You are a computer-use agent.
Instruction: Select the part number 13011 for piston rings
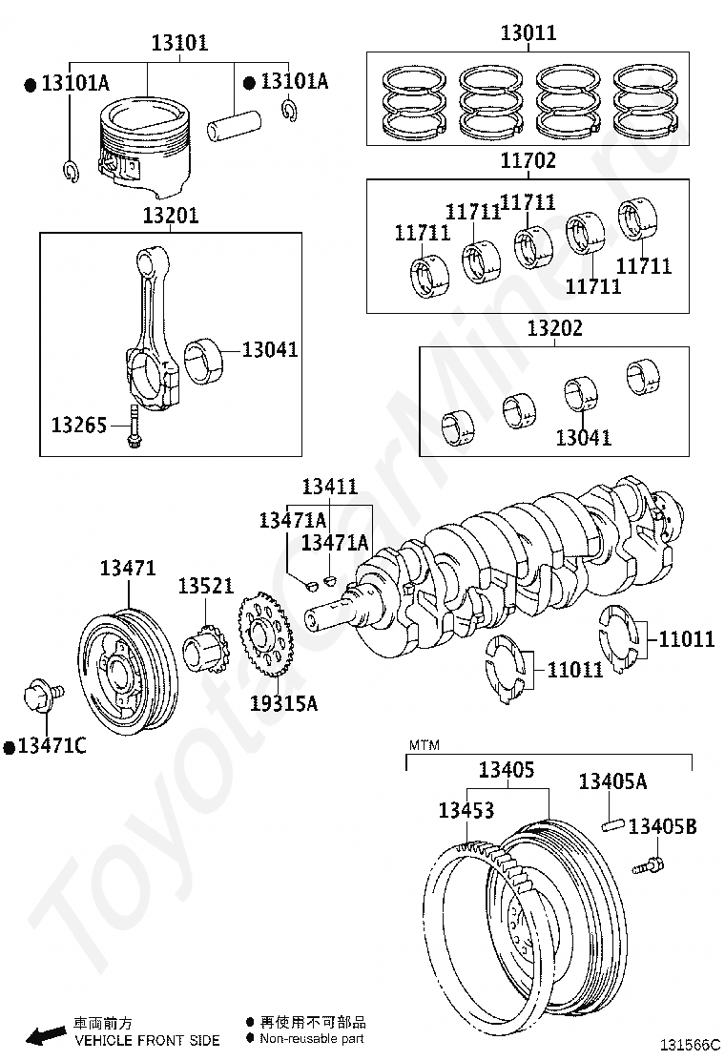click(x=528, y=33)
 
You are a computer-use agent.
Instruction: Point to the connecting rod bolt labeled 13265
click(x=133, y=426)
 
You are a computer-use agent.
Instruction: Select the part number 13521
click(x=205, y=585)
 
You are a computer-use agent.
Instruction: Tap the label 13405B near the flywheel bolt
click(x=662, y=826)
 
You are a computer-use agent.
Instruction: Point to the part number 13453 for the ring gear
click(x=466, y=810)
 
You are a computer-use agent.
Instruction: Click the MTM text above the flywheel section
click(x=425, y=743)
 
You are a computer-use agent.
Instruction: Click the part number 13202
click(x=555, y=329)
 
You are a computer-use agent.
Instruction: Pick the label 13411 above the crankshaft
click(x=330, y=488)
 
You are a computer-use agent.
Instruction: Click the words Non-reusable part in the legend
click(x=312, y=1039)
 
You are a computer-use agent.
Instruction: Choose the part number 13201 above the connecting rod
click(x=171, y=216)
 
